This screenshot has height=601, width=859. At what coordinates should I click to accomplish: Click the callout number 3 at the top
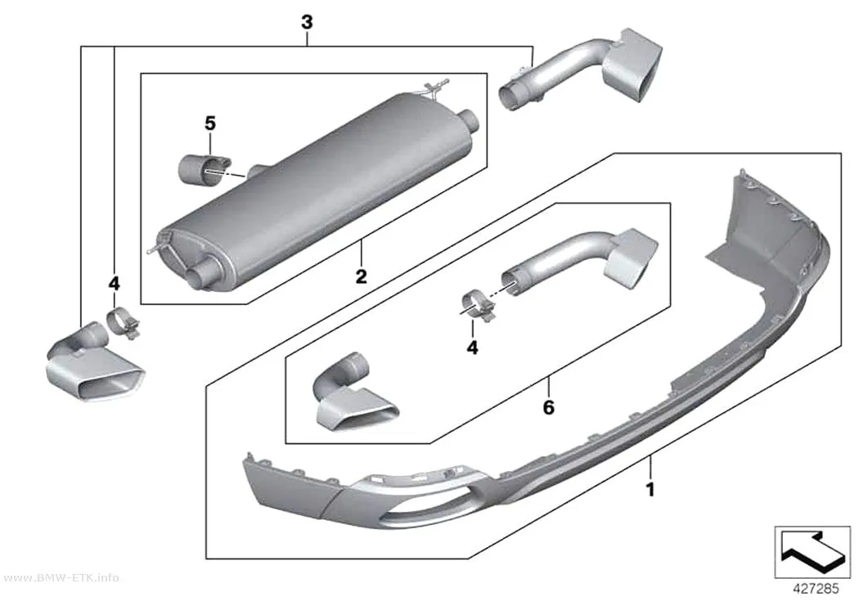(x=307, y=22)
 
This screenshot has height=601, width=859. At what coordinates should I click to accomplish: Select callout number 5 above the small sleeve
(x=210, y=123)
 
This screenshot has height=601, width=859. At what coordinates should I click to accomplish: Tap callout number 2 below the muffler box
(x=361, y=276)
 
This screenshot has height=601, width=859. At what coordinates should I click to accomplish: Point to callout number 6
(x=548, y=407)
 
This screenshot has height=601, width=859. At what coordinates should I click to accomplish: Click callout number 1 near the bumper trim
(x=650, y=489)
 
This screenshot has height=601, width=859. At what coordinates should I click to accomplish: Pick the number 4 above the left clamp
(x=114, y=284)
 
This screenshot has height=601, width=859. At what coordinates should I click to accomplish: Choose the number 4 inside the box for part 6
(x=472, y=347)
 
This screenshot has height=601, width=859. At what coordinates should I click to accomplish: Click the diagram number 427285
(x=816, y=589)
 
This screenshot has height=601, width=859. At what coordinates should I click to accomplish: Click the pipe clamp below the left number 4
(x=123, y=324)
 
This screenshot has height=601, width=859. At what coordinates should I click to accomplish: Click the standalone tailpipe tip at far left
(x=93, y=363)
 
